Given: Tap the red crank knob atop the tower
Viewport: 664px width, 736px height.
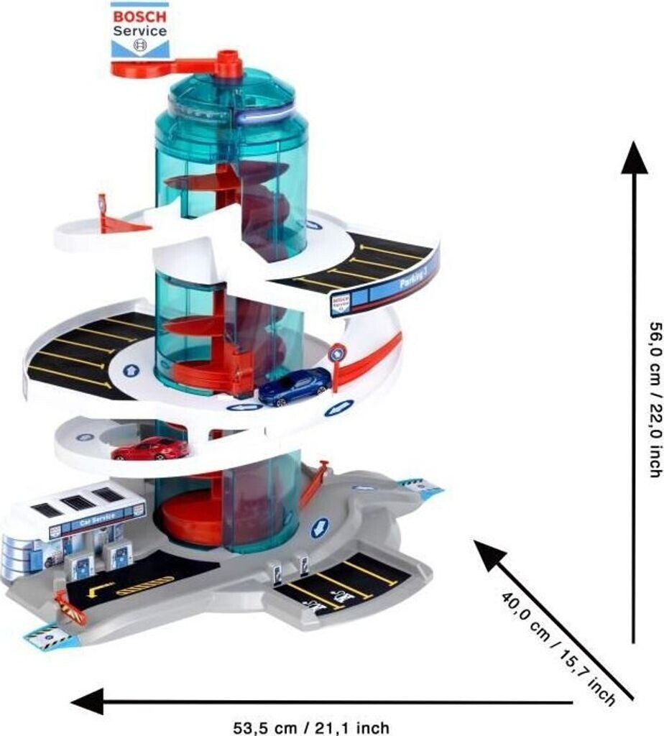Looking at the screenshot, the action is [x=229, y=63].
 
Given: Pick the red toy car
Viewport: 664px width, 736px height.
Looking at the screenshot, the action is [x=150, y=448].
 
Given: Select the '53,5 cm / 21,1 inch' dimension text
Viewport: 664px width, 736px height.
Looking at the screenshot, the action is [x=311, y=727].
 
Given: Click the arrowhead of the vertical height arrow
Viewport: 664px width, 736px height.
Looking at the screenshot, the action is [x=634, y=156].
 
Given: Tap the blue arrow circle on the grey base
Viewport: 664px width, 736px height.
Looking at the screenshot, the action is [x=319, y=529].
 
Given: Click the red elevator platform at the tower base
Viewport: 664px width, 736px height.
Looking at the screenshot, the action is [x=190, y=519].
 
